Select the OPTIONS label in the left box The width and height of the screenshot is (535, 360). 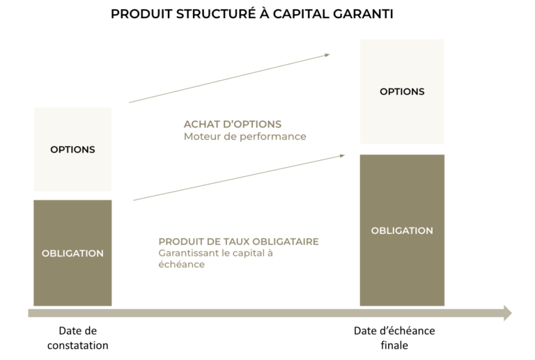tap(72, 149)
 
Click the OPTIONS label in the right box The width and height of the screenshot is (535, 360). tap(402, 91)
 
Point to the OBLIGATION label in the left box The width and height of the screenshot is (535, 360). tap(72, 253)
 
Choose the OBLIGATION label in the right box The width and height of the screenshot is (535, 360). tap(402, 230)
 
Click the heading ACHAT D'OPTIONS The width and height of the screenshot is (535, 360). tap(233, 124)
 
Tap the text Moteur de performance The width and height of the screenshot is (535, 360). tap(245, 136)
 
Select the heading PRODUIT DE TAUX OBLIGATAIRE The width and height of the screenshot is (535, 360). tap(238, 241)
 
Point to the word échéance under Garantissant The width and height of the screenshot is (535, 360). tap(181, 265)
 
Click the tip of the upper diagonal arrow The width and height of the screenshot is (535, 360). tap(329, 54)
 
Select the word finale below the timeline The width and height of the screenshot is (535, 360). tap(394, 345)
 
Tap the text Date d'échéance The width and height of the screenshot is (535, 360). tap(394, 331)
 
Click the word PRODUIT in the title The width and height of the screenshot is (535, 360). tap(141, 14)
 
